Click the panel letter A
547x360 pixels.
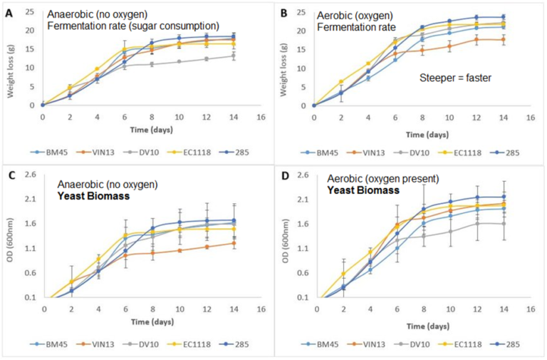pyautogui.click(x=9, y=14)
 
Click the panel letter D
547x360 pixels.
pyautogui.click(x=286, y=175)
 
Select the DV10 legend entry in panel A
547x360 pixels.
pyautogui.click(x=141, y=153)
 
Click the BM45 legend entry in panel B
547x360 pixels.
pyautogui.click(x=319, y=153)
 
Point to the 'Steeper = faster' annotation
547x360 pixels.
pyautogui.click(x=455, y=78)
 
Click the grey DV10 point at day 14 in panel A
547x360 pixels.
pyautogui.click(x=234, y=56)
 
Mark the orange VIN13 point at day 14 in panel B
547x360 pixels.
pyautogui.click(x=504, y=40)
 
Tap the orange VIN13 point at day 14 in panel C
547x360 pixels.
pyautogui.click(x=234, y=243)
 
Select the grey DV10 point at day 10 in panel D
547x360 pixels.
pyautogui.click(x=450, y=232)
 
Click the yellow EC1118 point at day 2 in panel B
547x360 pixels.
pyautogui.click(x=341, y=82)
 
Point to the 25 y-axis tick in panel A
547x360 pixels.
pyautogui.click(x=30, y=12)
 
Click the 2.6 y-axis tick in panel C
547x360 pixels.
pyautogui.click(x=31, y=174)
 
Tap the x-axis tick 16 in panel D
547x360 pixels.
pyautogui.click(x=530, y=309)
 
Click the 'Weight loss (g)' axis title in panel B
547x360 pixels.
pyautogui.click(x=283, y=70)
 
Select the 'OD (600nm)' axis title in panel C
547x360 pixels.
pyautogui.click(x=11, y=240)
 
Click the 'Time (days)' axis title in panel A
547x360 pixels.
pyautogui.click(x=152, y=130)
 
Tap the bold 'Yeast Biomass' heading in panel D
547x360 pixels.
pyautogui.click(x=363, y=190)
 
